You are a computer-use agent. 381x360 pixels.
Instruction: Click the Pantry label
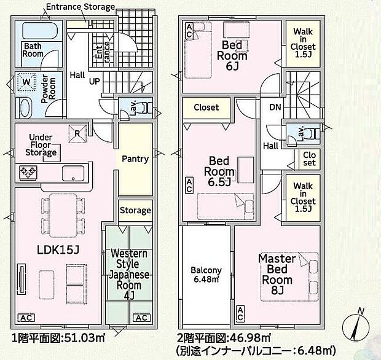tap(135, 159)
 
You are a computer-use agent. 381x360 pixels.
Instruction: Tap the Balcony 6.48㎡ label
tap(206, 275)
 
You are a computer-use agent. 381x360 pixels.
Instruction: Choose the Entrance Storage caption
tap(81, 7)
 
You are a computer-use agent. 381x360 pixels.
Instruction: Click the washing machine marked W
tap(26, 81)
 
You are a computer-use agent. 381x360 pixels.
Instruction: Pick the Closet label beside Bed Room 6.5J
tap(206, 108)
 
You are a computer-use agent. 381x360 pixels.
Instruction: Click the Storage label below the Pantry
tap(135, 211)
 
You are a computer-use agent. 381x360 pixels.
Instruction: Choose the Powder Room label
tap(52, 86)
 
